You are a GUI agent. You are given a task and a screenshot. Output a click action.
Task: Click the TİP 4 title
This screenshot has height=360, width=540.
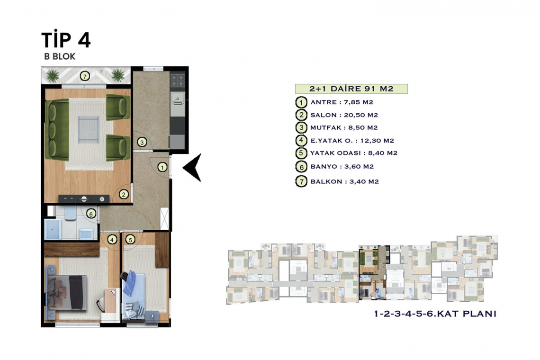[66, 40]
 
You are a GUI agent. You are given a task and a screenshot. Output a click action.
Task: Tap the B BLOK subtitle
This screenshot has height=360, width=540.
[60, 56]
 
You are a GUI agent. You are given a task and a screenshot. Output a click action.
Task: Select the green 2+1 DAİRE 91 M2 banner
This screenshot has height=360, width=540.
[351, 89]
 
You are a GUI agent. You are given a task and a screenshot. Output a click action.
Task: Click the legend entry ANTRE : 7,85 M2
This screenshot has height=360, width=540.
[342, 102]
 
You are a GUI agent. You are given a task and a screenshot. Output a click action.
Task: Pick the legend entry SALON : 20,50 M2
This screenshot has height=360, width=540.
[344, 115]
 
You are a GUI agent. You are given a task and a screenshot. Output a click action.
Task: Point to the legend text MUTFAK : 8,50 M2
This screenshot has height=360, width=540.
[344, 127]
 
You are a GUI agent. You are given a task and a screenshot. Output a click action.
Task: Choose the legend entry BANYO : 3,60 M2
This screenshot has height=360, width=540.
[342, 166]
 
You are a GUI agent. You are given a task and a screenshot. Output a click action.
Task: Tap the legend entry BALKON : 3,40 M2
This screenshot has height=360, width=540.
[344, 181]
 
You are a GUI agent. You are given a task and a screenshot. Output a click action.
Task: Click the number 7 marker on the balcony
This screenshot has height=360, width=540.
[85, 76]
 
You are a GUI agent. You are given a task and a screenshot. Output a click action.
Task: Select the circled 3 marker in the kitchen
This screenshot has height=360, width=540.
[142, 142]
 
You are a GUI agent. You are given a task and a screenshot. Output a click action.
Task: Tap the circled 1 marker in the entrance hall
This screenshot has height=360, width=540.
[162, 167]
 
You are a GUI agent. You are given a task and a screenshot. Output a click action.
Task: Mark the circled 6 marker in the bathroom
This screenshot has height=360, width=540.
[91, 214]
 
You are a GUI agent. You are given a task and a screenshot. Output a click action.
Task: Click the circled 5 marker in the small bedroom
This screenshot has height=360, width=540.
[130, 239]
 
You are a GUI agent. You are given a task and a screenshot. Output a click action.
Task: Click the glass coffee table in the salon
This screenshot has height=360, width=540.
[89, 129]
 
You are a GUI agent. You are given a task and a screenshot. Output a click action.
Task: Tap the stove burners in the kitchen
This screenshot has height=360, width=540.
[178, 81]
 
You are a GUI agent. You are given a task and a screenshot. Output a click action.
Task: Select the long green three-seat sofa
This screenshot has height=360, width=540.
[57, 130]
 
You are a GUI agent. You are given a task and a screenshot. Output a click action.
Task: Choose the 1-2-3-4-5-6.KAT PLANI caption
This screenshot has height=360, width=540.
[435, 314]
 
